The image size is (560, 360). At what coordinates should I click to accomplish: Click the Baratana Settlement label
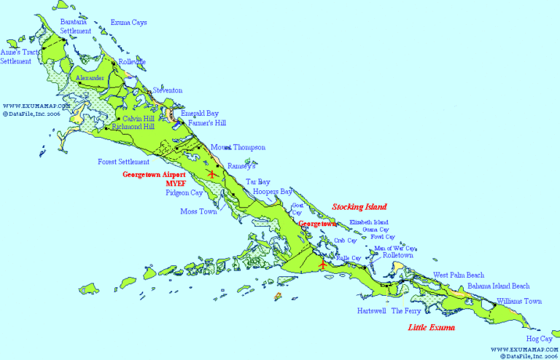pyautogui.click(x=76, y=27)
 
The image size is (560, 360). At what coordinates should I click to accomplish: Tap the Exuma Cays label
pyautogui.click(x=128, y=23)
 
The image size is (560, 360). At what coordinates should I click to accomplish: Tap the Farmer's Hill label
pyautogui.click(x=206, y=123)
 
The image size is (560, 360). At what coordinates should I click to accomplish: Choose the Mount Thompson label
pyautogui.click(x=238, y=147)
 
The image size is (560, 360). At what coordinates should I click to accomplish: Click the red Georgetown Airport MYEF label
pyautogui.click(x=154, y=179)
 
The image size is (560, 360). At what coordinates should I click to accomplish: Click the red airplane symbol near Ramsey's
pyautogui.click(x=212, y=174)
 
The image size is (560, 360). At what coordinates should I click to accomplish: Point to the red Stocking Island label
pyautogui.click(x=359, y=207)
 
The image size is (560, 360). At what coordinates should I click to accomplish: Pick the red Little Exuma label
pyautogui.click(x=430, y=328)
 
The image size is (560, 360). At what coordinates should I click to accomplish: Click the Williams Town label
pyautogui.click(x=518, y=301)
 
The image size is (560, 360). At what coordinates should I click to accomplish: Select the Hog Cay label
pyautogui.click(x=539, y=339)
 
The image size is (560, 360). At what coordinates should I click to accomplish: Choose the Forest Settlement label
pyautogui.click(x=123, y=162)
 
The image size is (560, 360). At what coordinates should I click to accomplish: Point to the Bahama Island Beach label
pyautogui.click(x=499, y=286)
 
